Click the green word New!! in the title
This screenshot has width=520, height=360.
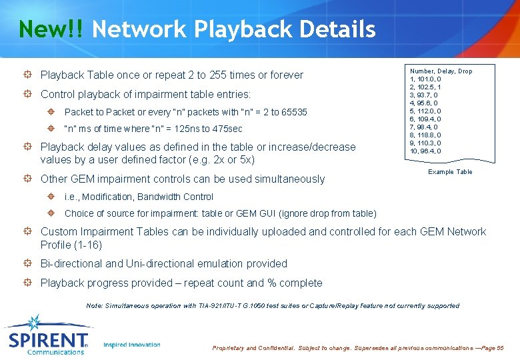tap(51, 29)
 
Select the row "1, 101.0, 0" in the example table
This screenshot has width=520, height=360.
tap(425, 79)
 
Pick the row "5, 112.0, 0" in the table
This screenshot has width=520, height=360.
tap(425, 111)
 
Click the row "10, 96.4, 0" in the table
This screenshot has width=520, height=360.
tap(425, 151)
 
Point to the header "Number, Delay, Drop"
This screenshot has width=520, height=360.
tap(441, 71)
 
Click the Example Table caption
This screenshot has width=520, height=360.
tap(450, 172)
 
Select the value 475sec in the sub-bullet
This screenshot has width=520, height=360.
tap(227, 129)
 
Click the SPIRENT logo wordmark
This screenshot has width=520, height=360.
tap(48, 340)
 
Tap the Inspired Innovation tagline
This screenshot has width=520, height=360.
tap(132, 345)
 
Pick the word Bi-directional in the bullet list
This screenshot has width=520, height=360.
tap(73, 263)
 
